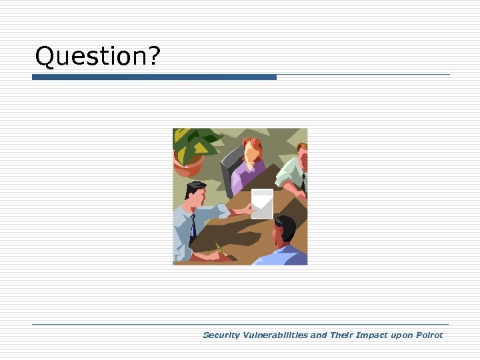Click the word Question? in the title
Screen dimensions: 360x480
point(97,57)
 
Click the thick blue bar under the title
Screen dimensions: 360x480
point(154,77)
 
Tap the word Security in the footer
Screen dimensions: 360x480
point(222,335)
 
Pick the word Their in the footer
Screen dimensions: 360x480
point(342,335)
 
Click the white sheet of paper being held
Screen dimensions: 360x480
point(261,203)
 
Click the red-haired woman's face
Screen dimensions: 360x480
point(252,153)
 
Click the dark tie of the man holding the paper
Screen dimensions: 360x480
point(193,227)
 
